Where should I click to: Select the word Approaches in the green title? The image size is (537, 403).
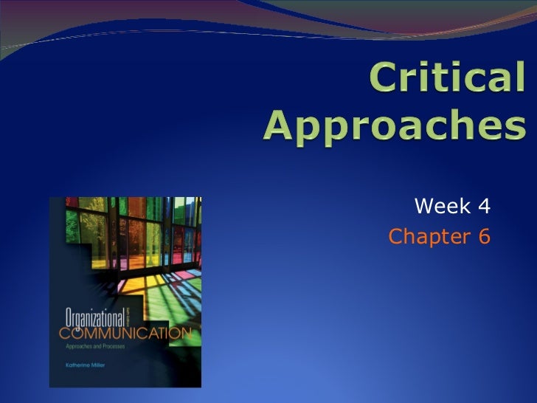coord(395,126)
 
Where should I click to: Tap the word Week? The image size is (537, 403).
coord(440,207)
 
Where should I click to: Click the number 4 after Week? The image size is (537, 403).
coord(484,207)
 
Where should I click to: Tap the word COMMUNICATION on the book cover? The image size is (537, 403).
coord(123,334)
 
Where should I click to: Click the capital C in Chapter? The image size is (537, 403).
coord(395,237)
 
